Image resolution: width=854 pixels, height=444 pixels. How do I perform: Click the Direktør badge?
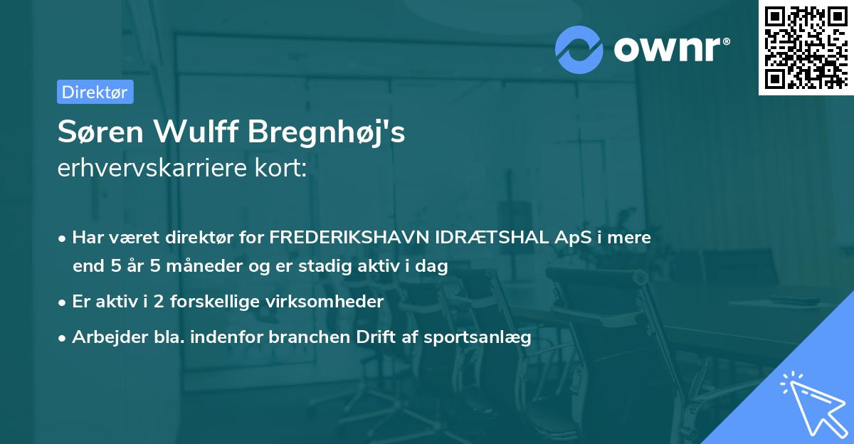tap(95, 92)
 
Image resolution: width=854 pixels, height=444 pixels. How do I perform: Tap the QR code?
tap(806, 47)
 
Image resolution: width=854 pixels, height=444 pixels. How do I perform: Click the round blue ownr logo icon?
tap(579, 49)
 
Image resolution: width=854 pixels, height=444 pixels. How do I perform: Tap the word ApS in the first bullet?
tap(571, 238)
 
